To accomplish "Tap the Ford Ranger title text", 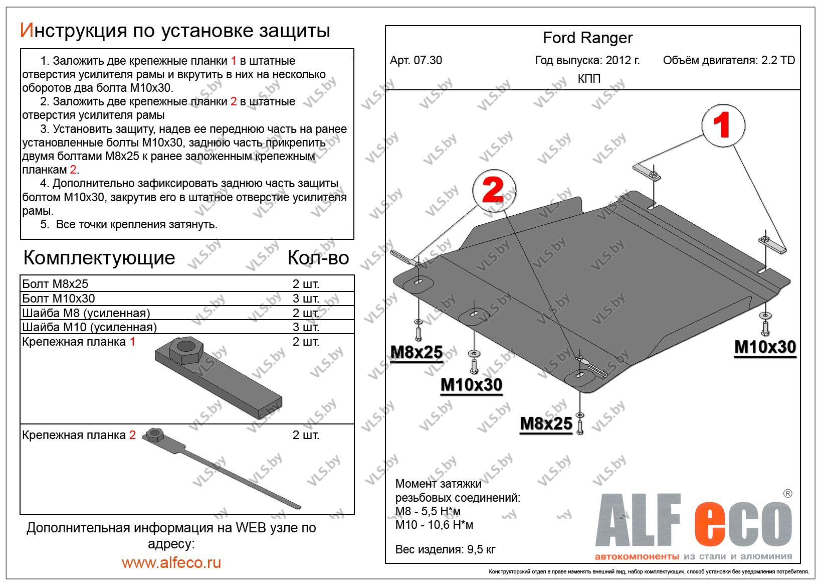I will pos(587,38).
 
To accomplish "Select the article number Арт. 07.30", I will pos(416,61).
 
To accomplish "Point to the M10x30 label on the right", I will pos(765,347).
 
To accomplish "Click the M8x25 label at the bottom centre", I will pos(546,424).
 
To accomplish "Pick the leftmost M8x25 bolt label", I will pos(416,352).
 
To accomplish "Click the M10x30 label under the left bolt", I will pos(471,385).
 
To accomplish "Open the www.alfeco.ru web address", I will pos(171,562).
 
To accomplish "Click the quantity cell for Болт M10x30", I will pos(306,299).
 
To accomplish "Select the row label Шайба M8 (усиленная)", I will pos(86,313).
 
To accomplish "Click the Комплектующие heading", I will pos(99,258).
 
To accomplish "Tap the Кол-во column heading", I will pos(318,258).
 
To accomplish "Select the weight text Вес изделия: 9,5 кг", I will pos(445,549).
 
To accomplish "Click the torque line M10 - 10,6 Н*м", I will pos(434,525).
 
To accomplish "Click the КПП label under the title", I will pos(589,79).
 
